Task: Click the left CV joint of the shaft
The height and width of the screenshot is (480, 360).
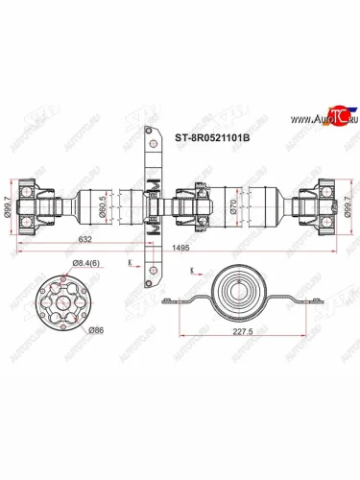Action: pos(42,204)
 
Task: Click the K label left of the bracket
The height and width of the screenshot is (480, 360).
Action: pos(129,262)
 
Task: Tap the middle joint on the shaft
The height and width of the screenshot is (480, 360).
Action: pos(197,204)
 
